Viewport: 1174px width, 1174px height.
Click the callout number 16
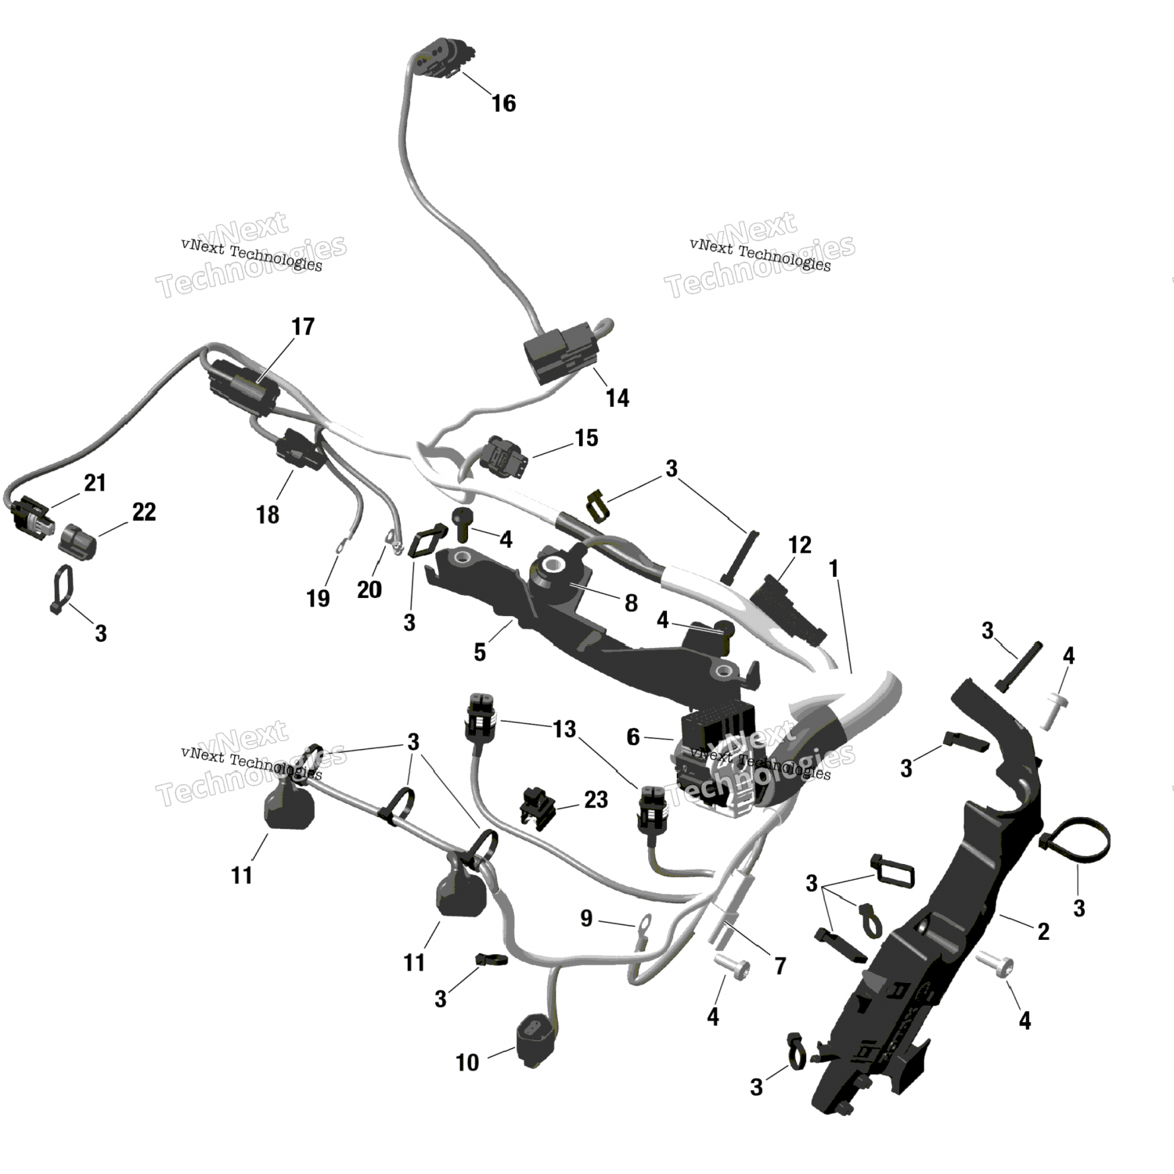coord(503,103)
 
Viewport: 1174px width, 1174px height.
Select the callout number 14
coord(617,398)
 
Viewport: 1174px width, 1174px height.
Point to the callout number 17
coord(302,326)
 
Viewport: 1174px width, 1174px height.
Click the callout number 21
coord(95,483)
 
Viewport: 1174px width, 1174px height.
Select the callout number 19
coord(318,598)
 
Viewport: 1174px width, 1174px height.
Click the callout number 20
coord(369,589)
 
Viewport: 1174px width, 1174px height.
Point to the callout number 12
coord(799,545)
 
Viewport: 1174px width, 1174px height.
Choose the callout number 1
coord(834,568)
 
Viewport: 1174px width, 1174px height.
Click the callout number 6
coord(632,736)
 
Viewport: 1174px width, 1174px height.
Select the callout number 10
coord(466,1062)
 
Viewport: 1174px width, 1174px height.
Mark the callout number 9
coord(586,918)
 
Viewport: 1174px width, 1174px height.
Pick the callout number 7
coord(780,966)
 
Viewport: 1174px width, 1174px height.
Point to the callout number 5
coord(480,652)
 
